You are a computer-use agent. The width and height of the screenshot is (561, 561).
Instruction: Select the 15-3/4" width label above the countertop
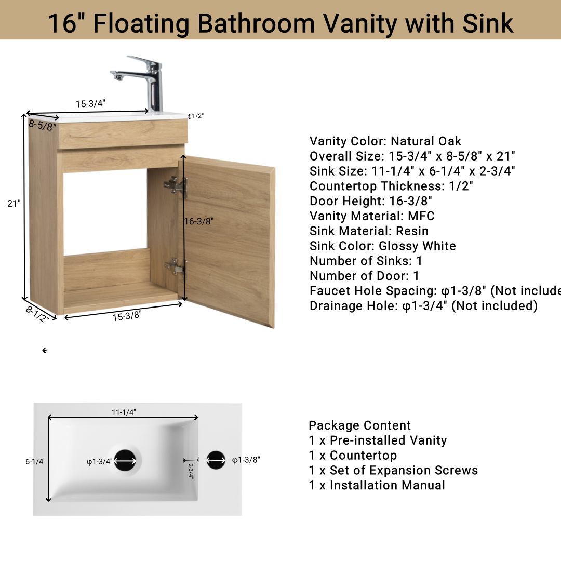coord(90,103)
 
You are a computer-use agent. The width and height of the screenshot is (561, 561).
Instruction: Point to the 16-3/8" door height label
coord(199,221)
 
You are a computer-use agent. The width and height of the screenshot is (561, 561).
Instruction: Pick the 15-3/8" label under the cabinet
coord(127,315)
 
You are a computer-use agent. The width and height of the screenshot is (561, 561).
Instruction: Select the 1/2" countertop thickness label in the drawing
coord(198,116)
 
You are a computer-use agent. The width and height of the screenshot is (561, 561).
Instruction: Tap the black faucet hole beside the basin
coord(216,460)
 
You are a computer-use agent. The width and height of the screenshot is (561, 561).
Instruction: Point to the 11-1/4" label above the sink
coord(124,412)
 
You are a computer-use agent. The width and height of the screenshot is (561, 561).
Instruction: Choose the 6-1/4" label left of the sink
coord(35,461)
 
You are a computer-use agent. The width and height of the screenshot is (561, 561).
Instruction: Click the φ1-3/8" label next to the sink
coord(246,460)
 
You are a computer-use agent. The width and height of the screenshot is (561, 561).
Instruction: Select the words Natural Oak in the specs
coord(426,141)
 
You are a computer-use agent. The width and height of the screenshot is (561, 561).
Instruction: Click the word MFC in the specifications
coord(421,216)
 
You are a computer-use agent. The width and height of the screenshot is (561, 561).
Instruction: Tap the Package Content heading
coord(359,425)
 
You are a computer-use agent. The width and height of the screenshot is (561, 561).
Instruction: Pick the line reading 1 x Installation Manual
coord(377,485)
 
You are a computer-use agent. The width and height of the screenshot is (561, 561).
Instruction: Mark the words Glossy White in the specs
coord(417,246)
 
